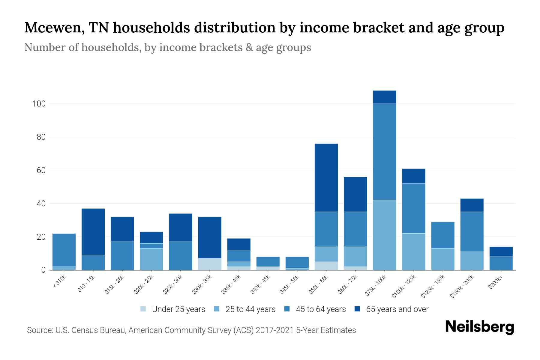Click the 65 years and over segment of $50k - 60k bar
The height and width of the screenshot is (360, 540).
[326, 178]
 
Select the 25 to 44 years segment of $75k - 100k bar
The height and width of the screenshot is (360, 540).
[384, 235]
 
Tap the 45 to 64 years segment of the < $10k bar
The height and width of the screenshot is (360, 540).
[64, 250]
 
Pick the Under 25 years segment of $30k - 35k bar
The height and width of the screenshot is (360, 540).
[210, 264]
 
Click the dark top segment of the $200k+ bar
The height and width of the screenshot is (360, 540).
[501, 252]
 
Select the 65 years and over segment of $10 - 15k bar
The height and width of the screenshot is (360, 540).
[93, 232]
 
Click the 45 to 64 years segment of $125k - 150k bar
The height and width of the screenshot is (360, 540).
[442, 235]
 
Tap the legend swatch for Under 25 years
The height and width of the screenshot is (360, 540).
[143, 309]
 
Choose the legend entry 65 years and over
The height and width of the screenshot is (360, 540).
[397, 309]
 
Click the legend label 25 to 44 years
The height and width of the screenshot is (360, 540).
[250, 309]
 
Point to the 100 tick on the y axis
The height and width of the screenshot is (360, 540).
[39, 104]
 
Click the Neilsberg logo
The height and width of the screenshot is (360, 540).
[479, 327]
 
